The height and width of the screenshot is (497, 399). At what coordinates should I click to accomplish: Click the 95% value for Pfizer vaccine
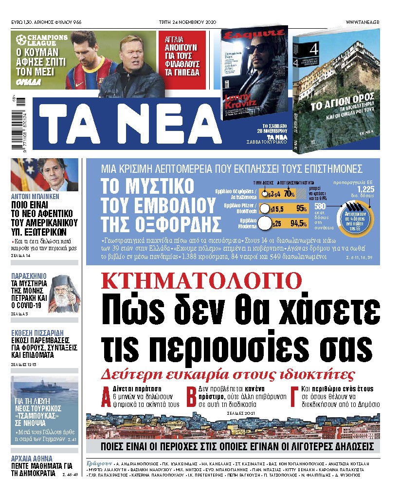(301, 209)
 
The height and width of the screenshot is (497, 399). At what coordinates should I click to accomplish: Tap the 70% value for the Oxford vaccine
(290, 194)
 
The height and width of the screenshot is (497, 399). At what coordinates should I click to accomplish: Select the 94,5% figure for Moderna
(298, 224)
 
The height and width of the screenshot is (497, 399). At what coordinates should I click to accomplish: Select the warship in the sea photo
(44, 393)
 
